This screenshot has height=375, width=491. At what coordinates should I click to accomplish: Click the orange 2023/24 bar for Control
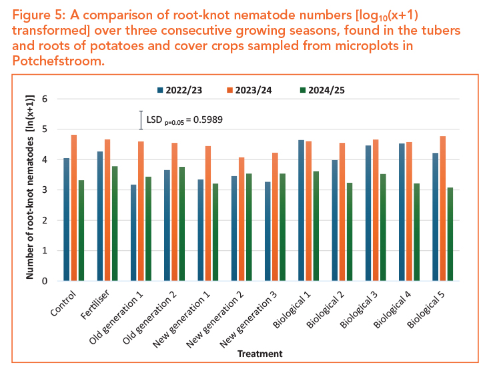(x=74, y=208)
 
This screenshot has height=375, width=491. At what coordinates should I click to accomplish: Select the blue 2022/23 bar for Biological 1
(x=301, y=210)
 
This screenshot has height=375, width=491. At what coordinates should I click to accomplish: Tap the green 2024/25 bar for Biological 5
(x=450, y=234)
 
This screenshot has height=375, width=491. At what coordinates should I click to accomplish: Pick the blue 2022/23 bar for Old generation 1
(x=133, y=233)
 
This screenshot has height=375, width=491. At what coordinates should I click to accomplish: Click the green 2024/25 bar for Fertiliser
(x=115, y=224)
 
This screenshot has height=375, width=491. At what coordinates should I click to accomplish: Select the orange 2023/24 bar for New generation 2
(x=241, y=219)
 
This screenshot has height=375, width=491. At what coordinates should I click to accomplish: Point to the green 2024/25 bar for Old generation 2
(x=182, y=224)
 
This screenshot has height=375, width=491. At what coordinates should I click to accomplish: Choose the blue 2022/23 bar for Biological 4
(x=402, y=212)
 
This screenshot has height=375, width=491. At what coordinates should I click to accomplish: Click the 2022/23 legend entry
(x=179, y=90)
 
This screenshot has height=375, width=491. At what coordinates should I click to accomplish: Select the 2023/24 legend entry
(x=250, y=90)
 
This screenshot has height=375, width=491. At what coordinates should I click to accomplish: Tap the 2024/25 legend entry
(x=322, y=90)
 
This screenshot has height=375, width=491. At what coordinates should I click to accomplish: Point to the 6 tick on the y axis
(x=45, y=99)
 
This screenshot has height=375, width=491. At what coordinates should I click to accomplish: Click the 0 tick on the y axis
(x=45, y=281)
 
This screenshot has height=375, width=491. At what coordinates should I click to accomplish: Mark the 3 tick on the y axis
(x=45, y=190)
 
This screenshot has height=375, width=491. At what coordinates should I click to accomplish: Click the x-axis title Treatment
(x=260, y=354)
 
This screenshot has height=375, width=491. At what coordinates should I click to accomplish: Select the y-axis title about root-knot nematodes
(x=30, y=187)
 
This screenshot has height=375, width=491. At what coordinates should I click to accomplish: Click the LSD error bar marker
(x=141, y=120)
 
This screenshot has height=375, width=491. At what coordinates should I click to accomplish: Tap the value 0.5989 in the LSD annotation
(x=208, y=119)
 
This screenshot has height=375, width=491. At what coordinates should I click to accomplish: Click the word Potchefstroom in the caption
(x=58, y=61)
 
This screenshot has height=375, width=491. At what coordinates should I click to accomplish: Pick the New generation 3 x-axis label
(x=248, y=319)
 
